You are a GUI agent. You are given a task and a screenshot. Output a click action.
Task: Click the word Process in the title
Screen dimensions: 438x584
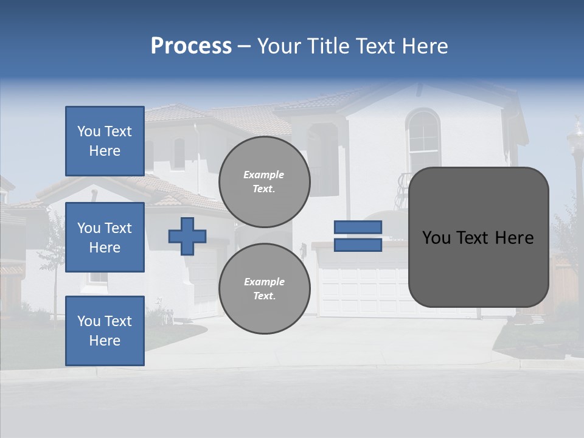tap(191, 46)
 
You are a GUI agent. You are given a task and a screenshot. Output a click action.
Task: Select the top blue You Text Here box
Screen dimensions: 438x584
tap(105, 141)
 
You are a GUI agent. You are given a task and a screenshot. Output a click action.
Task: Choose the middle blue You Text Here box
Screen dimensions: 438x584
tap(105, 237)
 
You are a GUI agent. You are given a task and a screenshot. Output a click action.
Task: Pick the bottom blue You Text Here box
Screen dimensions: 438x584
tap(105, 331)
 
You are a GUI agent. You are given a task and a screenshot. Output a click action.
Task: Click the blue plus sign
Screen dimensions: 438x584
tap(187, 236)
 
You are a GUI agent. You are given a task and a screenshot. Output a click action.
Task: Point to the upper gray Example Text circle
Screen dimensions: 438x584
tap(265, 182)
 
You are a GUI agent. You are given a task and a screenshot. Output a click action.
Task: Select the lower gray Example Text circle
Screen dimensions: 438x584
tap(265, 289)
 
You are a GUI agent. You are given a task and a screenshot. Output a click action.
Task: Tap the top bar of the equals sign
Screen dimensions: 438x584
tap(358, 227)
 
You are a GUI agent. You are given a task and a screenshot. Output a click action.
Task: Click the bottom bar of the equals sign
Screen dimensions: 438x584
tap(358, 245)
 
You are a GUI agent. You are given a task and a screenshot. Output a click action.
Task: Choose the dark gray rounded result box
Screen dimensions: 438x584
tap(478, 237)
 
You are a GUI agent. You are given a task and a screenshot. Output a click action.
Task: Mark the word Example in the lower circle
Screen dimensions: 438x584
tap(264, 282)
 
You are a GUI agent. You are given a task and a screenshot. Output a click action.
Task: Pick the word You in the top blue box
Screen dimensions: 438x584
tap(88, 131)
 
